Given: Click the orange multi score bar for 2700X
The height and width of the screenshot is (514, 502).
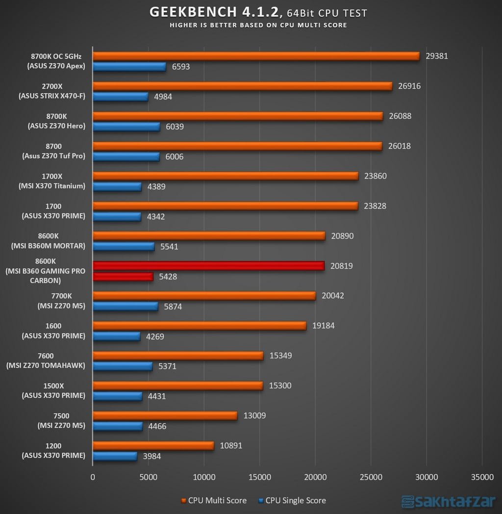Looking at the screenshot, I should point(243,86).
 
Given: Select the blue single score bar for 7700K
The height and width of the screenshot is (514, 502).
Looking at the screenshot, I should point(125,306).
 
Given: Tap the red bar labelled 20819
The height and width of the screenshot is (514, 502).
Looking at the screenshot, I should point(209,266).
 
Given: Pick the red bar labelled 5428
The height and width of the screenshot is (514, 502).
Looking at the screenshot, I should point(123,277).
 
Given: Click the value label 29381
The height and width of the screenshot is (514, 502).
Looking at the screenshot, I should point(437,56).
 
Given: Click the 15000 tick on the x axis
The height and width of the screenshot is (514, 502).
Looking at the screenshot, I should point(259,476).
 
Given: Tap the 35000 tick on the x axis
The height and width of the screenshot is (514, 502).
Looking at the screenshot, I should point(481,476).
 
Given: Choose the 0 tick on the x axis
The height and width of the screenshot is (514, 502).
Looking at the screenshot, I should point(93,476).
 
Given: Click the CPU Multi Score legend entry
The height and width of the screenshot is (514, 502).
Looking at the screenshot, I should point(214,500).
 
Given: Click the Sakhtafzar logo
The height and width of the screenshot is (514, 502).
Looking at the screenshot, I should point(448,501).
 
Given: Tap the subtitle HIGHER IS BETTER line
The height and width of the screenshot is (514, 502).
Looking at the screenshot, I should point(258,25).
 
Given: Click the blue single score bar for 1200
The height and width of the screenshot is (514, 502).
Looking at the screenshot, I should point(115,456).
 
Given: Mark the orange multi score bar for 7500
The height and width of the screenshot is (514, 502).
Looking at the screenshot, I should point(165,416).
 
